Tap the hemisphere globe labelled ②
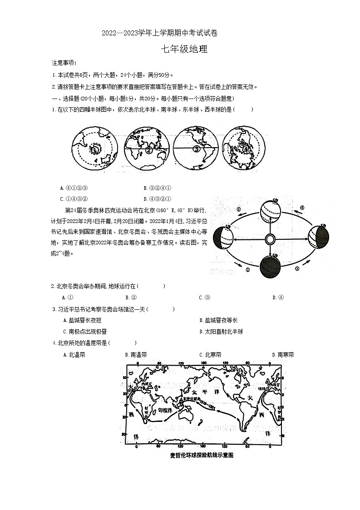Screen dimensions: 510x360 point(146,149)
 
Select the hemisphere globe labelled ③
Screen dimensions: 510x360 point(196,149)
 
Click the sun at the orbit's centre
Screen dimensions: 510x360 point(270,239)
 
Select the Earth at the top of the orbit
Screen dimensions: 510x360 point(271,212)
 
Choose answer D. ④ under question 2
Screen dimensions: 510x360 point(278,297)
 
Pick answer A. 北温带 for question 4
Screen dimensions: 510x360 point(74,355)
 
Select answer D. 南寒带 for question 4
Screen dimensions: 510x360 point(282,355)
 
